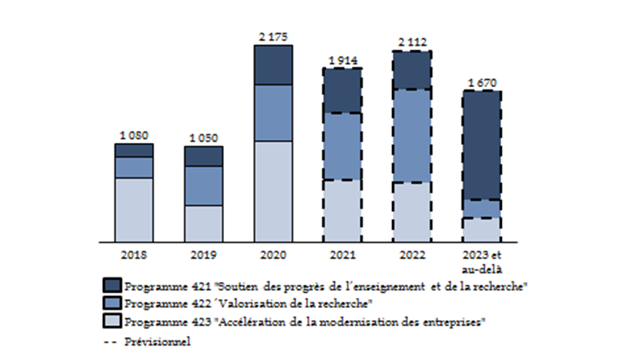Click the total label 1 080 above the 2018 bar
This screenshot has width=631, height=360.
[x=134, y=135]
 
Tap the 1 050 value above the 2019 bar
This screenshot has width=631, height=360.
[x=204, y=138]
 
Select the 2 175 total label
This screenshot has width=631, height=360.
[x=273, y=37]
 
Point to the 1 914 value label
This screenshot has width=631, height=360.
[x=343, y=59]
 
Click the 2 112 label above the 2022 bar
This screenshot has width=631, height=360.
[x=412, y=42]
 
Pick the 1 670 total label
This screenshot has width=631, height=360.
[x=482, y=83]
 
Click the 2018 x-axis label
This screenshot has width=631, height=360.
[x=134, y=255]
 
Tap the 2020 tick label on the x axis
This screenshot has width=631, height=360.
[x=273, y=255]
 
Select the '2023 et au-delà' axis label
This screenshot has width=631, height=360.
[x=482, y=261]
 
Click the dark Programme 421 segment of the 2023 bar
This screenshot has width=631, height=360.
[x=482, y=145]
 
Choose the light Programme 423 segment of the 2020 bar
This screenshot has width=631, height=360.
[x=273, y=191]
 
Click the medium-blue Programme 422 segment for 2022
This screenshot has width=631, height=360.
[x=412, y=135]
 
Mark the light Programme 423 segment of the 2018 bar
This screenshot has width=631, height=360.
[x=134, y=210]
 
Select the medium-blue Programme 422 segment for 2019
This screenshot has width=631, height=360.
[x=204, y=186]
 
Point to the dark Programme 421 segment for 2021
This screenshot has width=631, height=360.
[x=343, y=91]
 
